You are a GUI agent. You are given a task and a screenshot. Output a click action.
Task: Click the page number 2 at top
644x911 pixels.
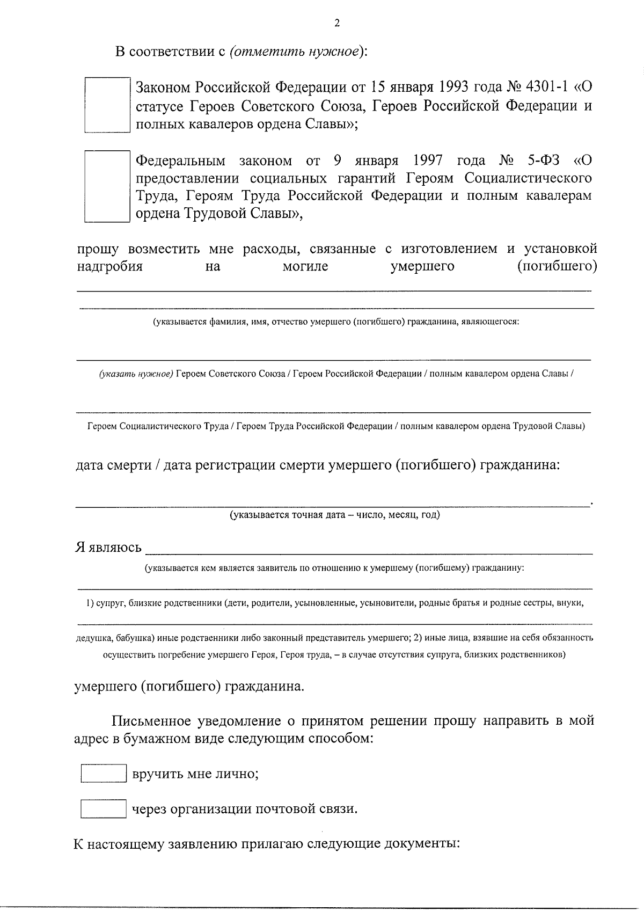tap(336, 23)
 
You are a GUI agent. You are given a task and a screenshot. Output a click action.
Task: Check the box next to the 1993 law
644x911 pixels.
tap(107, 105)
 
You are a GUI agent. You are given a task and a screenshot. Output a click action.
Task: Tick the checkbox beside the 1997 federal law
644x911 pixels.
tap(107, 186)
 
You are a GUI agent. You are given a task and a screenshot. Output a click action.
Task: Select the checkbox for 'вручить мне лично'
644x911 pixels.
tap(103, 774)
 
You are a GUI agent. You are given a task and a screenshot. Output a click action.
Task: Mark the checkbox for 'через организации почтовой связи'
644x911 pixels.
tap(103, 809)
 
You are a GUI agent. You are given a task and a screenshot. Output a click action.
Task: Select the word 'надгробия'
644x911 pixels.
tap(109, 266)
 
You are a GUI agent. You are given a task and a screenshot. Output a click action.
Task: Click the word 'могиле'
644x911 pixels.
tap(305, 266)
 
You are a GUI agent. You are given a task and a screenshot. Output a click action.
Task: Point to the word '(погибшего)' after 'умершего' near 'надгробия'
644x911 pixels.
tap(557, 266)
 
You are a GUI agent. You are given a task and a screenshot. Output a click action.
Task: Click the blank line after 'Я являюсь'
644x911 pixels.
tap(369, 551)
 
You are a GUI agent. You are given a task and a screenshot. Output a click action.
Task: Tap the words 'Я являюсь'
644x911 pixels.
tap(108, 547)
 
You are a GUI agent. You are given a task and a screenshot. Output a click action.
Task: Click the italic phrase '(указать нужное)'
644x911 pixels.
tap(135, 374)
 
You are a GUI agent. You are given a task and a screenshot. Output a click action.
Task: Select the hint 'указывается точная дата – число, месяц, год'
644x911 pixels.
tap(335, 515)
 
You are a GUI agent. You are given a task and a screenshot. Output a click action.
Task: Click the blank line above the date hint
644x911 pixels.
tap(332, 504)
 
